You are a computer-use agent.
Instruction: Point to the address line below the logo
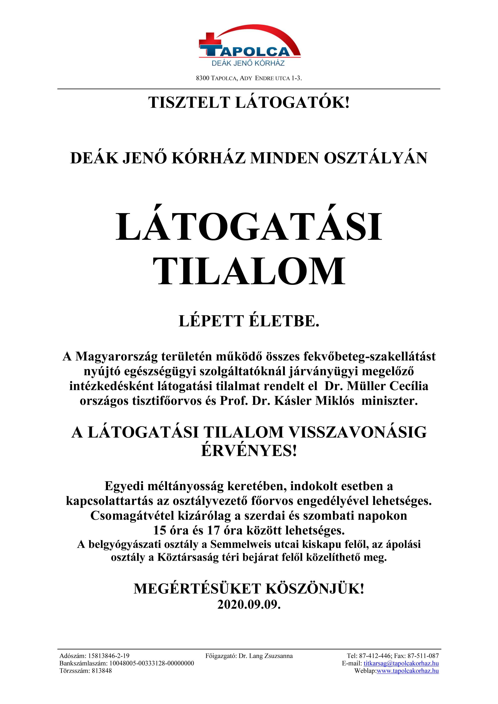coord(249,78)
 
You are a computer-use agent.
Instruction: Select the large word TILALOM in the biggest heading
coord(249,271)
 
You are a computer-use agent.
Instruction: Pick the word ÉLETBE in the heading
coord(284,321)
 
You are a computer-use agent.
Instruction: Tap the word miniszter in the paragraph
coord(389,401)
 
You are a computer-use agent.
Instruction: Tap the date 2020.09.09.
coord(249,604)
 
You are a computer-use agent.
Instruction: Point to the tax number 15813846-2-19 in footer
coord(109,656)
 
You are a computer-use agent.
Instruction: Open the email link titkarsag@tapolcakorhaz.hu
coord(401,663)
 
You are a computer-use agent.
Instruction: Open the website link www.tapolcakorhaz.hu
coord(407,670)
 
